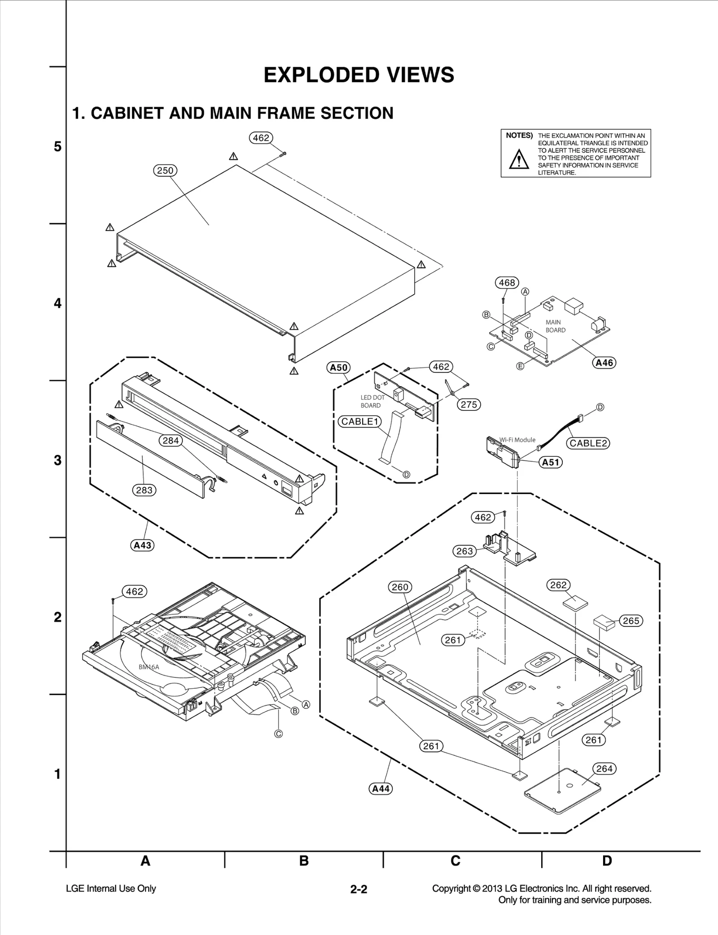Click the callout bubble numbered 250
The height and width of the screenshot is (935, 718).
pos(166,170)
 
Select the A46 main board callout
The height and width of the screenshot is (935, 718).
pos(604,363)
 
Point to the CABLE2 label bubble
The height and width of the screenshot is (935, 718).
pos(588,443)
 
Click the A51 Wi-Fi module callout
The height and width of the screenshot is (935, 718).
pos(551,462)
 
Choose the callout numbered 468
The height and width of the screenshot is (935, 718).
pos(507,283)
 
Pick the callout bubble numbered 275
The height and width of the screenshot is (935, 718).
pos(469,404)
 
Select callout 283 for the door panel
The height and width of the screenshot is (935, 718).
pos(144,490)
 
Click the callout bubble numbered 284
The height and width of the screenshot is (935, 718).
pos(171,441)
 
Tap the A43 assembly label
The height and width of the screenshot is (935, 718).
pos(142,545)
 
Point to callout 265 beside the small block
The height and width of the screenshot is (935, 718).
pos(631,621)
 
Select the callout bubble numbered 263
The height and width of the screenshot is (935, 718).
pos(464,551)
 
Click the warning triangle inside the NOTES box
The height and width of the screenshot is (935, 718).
pos(519,159)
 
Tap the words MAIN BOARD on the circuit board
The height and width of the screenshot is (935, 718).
pos(555,326)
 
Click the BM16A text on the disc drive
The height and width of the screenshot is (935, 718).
pos(149,667)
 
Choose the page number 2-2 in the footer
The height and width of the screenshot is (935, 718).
pos(359,889)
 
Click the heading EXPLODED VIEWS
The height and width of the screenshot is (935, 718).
pos(359,75)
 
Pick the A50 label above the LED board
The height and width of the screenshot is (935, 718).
pos(338,368)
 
